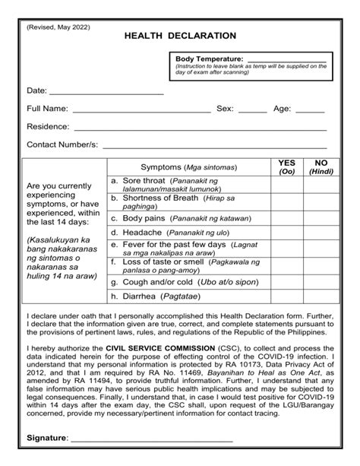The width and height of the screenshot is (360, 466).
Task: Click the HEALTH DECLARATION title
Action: (180, 36)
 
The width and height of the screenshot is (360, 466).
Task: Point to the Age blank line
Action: (310, 110)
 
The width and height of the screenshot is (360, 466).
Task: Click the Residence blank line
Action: (201, 128)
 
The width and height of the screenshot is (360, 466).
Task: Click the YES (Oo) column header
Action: (286, 167)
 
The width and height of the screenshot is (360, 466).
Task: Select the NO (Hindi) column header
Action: (321, 167)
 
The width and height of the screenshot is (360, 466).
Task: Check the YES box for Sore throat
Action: (286, 183)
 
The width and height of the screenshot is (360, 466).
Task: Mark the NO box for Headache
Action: (321, 232)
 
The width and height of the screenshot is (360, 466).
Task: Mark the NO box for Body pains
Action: (321, 217)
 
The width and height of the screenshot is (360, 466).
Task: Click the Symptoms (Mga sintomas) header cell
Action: (188, 167)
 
